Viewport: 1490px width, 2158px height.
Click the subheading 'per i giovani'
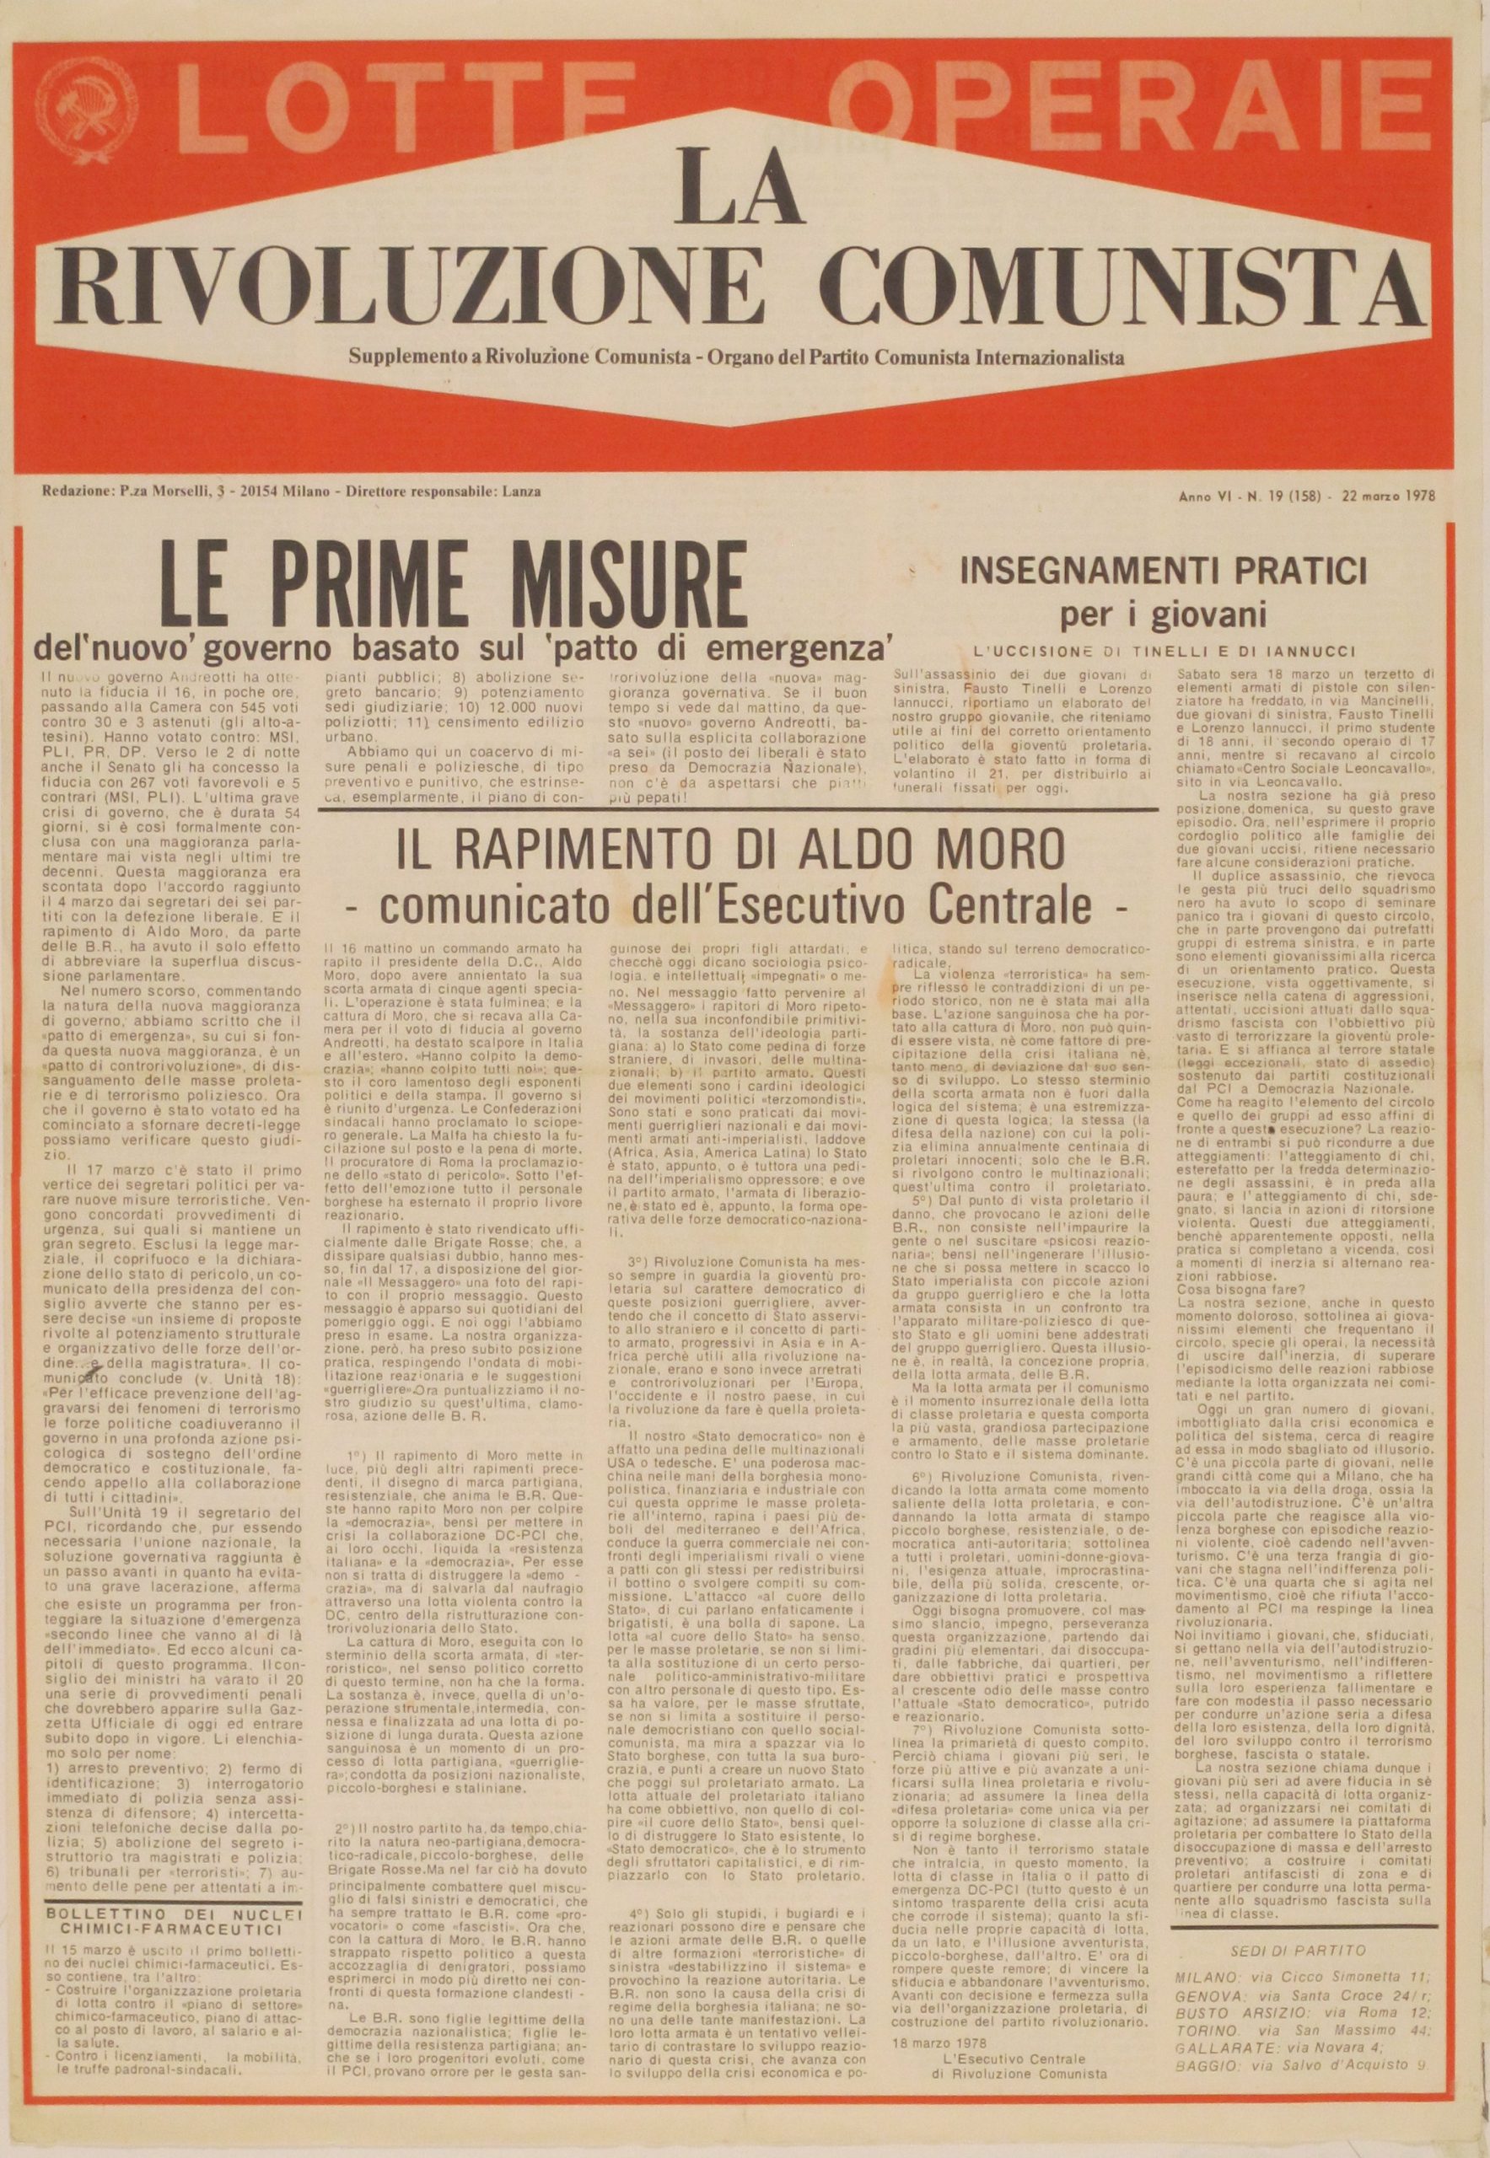(x=1161, y=615)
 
